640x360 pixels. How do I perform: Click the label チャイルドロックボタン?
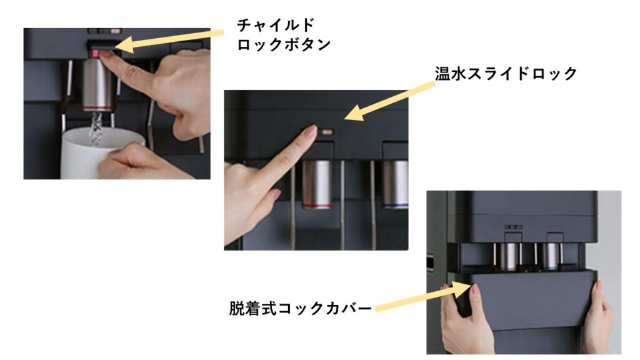click(284, 35)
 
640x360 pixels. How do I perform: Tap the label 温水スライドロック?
click(506, 74)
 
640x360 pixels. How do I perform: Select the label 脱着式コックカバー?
click(301, 308)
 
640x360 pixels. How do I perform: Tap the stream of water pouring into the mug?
click(96, 127)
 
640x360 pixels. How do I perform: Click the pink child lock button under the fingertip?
click(95, 54)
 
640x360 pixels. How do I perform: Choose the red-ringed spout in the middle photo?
click(317, 184)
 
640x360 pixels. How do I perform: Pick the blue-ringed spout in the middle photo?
click(395, 184)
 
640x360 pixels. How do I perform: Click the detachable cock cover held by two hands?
click(531, 300)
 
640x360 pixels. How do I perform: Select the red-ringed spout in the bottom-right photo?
click(508, 257)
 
